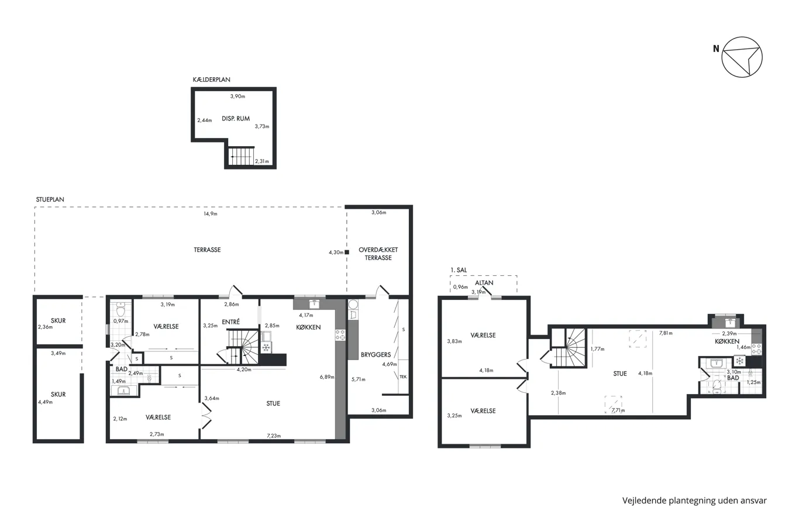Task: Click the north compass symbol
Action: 742,57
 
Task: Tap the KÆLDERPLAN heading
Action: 211,80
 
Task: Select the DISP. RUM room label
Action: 235,118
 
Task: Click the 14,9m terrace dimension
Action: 210,214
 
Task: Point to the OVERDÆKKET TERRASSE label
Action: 378,254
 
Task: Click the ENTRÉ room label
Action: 230,322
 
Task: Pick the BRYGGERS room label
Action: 376,354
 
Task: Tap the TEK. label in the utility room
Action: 403,376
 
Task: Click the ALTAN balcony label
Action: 484,283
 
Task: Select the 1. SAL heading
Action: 459,270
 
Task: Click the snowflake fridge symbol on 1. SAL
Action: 740,361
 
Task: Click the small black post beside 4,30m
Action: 347,252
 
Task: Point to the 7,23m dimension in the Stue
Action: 274,436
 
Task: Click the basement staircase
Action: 241,156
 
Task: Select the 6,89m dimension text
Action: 327,377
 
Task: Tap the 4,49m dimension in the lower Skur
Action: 45,402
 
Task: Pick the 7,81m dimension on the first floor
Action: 666,333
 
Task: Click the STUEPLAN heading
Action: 50,199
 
